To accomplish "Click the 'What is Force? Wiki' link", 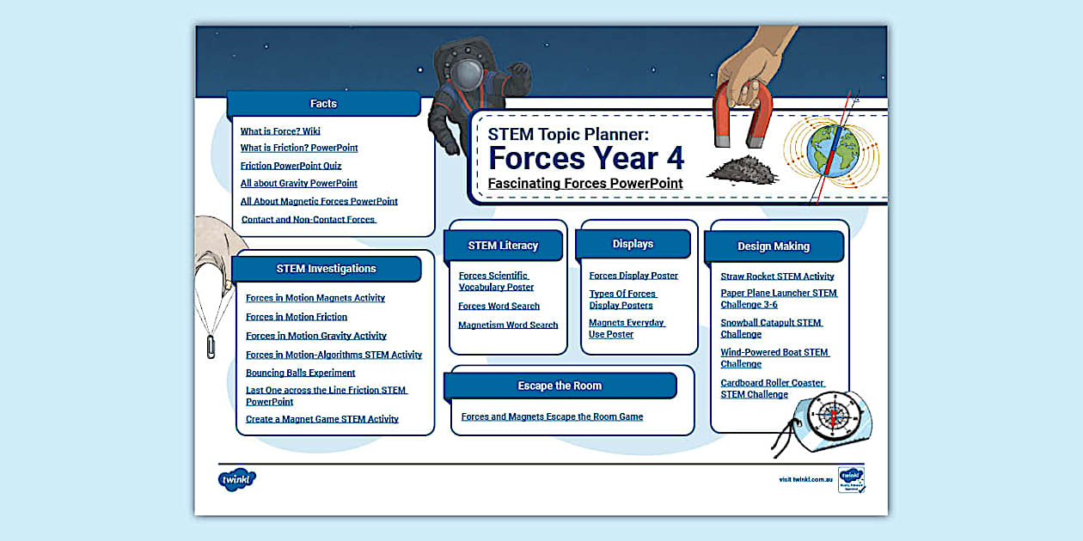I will pyautogui.click(x=280, y=131).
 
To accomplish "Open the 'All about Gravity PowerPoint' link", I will pyautogui.click(x=298, y=183).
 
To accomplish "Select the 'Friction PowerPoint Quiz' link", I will pyautogui.click(x=291, y=166).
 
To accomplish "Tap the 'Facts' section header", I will pyautogui.click(x=323, y=104).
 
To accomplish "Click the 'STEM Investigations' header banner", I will pyautogui.click(x=326, y=269).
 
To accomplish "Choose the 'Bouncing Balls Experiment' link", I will pyautogui.click(x=300, y=373).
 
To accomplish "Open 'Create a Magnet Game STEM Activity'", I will pyautogui.click(x=321, y=419).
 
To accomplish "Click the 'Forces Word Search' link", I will pyautogui.click(x=499, y=306).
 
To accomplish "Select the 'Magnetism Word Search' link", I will pyautogui.click(x=508, y=325).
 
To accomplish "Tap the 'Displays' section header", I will pyautogui.click(x=633, y=244).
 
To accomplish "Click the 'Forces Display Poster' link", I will pyautogui.click(x=633, y=276).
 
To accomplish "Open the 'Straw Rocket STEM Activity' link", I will pyautogui.click(x=777, y=277).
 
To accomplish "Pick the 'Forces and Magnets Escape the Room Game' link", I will pyautogui.click(x=552, y=416).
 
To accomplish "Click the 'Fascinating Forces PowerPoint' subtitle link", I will pyautogui.click(x=584, y=183).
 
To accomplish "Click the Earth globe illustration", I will pyautogui.click(x=833, y=151).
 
